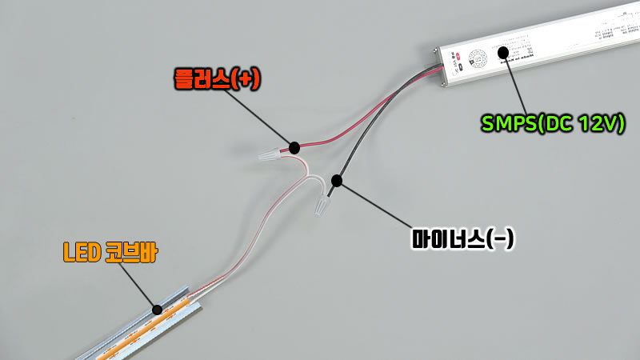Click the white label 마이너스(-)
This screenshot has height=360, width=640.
461,238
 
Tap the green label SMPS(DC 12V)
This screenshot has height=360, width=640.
552,124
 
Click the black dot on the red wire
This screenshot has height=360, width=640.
294,147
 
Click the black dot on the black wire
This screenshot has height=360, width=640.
337,181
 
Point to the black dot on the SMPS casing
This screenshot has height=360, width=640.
503,53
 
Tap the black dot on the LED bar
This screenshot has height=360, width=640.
158,308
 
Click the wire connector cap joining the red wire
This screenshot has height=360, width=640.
274,152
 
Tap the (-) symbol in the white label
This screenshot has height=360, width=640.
499,238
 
